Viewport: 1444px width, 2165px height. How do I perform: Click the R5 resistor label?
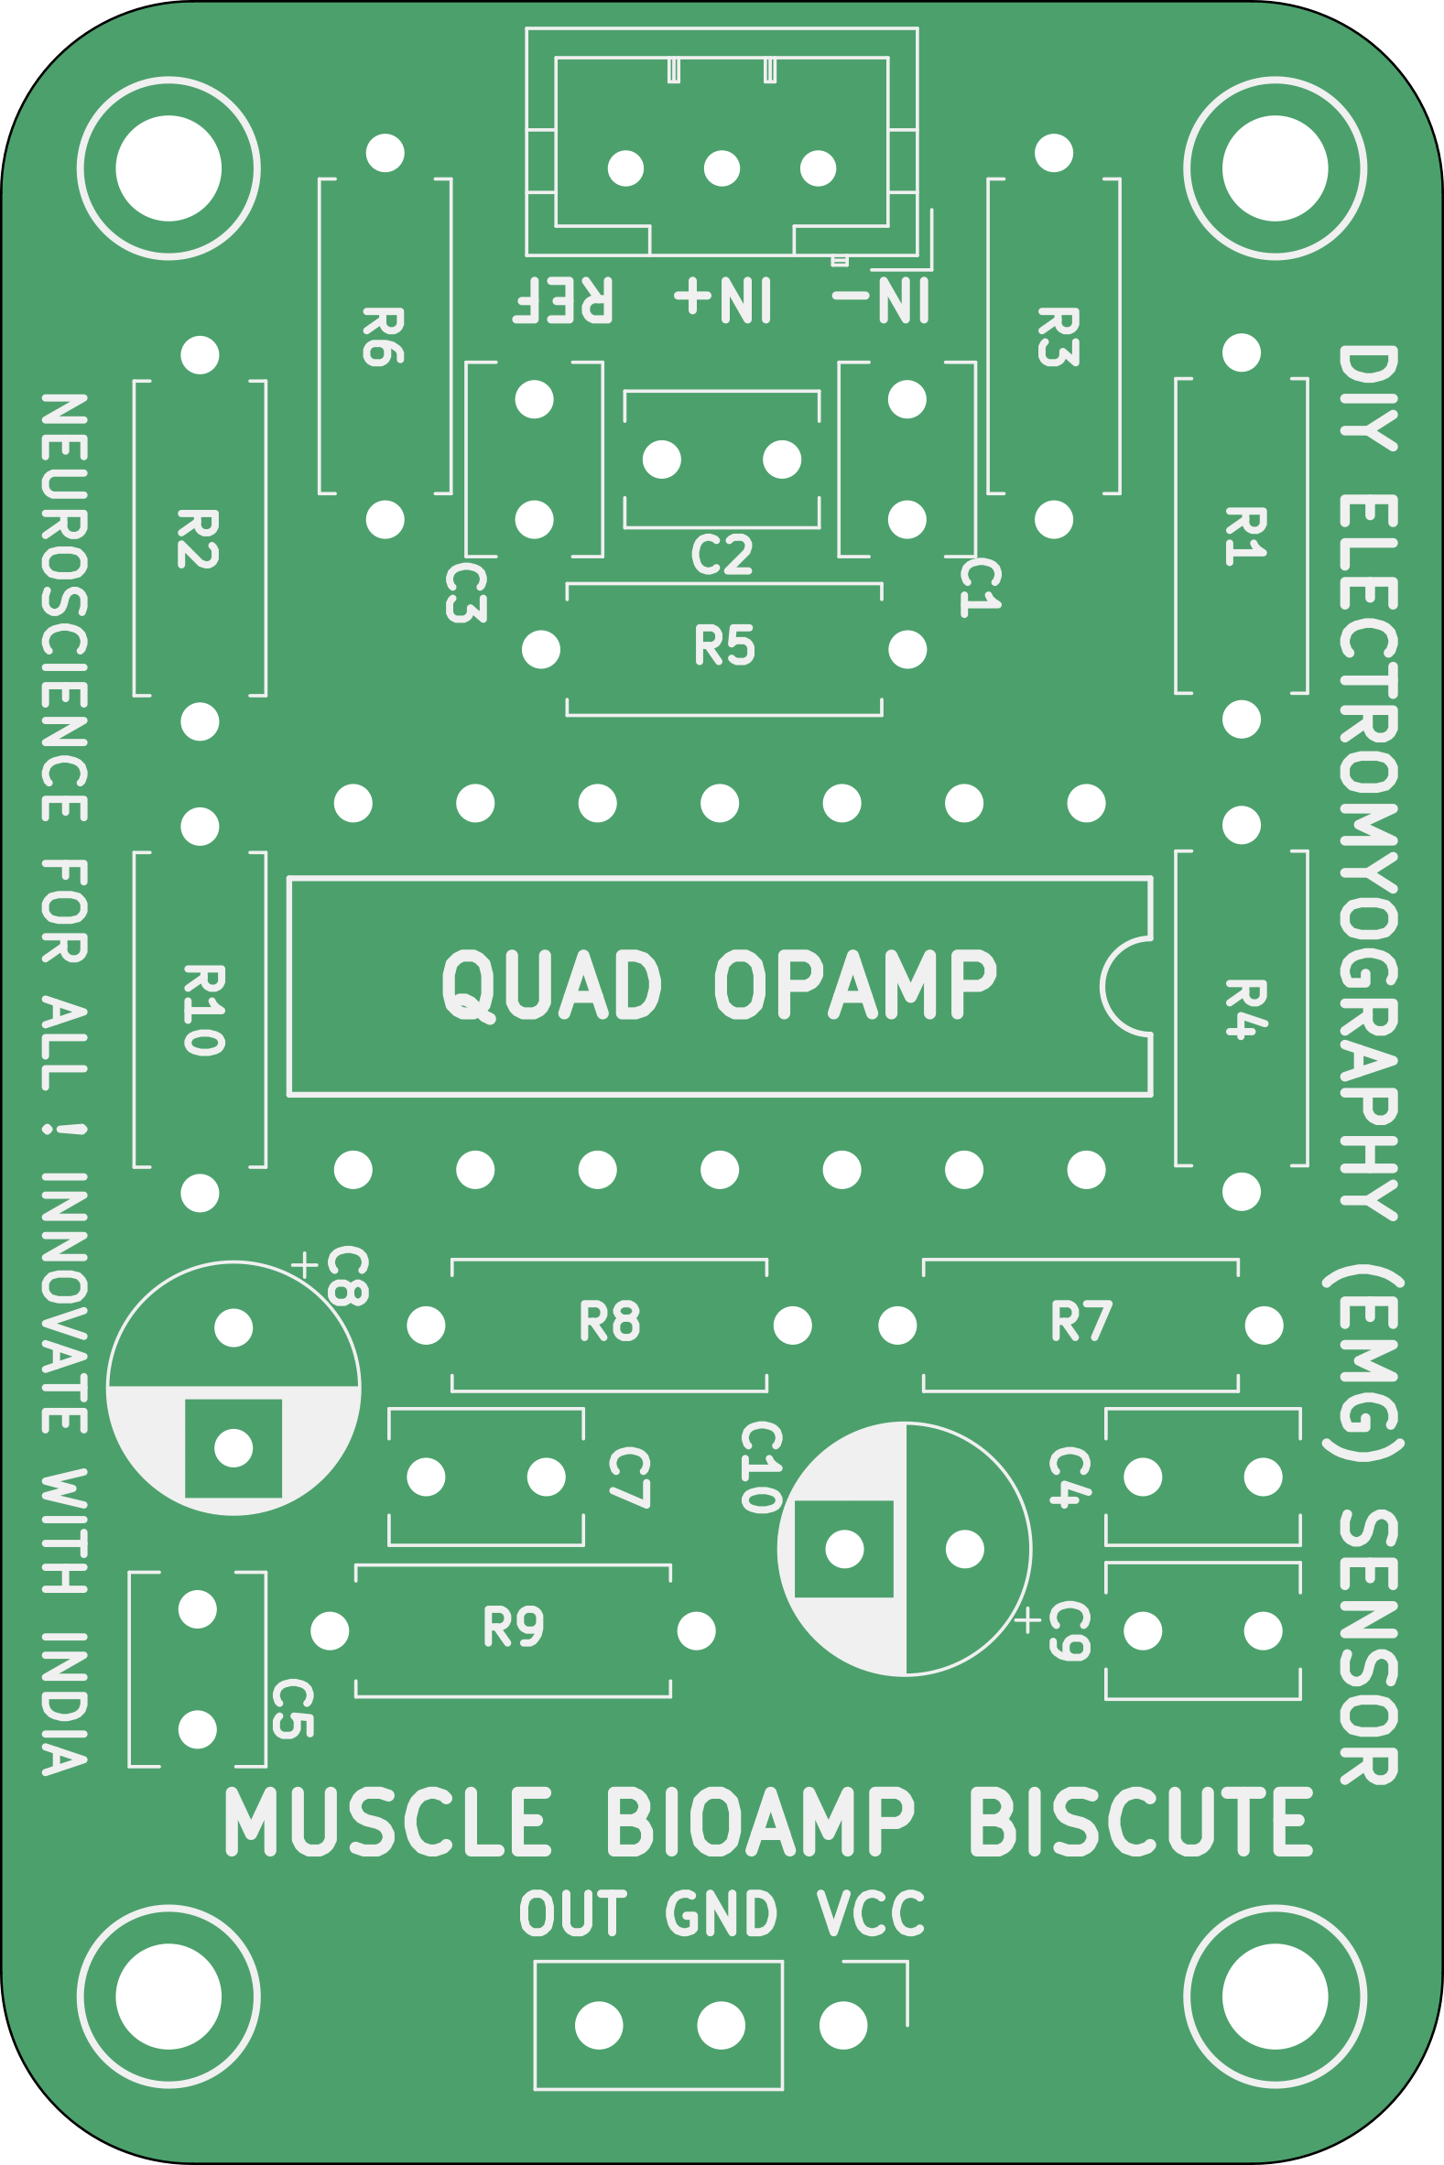724,645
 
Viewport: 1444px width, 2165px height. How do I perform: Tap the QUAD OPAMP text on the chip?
719,985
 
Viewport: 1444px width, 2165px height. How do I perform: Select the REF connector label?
562,300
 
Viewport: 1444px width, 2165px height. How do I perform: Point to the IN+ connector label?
723,300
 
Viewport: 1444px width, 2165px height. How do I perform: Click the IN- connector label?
880,300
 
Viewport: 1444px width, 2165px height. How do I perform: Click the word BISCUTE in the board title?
1140,1823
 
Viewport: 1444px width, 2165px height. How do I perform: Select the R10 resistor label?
203,1010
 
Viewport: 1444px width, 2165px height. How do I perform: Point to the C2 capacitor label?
722,555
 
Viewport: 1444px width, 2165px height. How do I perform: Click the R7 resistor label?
1081,1322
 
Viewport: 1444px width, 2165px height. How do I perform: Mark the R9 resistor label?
514,1627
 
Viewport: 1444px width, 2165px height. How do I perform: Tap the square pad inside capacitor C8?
233,1448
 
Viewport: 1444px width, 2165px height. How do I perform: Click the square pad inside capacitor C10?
844,1549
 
